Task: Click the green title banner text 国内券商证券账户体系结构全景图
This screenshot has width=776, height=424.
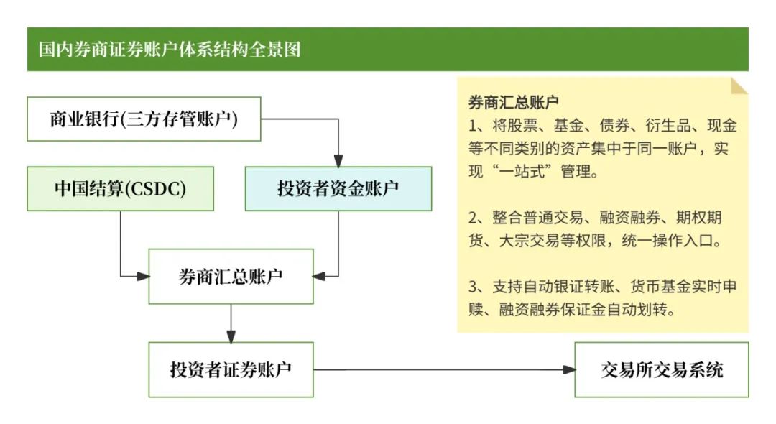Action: [x=170, y=50]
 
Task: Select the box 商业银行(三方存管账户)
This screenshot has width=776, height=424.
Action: [x=144, y=119]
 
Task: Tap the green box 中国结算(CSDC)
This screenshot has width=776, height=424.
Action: [x=120, y=189]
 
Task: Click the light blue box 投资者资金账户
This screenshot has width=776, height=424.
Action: [x=338, y=189]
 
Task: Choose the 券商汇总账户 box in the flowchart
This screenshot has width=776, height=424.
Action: [x=231, y=277]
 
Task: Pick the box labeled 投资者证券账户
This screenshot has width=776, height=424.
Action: [x=231, y=370]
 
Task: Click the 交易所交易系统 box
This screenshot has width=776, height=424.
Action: [x=662, y=370]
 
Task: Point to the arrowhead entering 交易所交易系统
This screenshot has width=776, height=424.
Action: [x=569, y=370]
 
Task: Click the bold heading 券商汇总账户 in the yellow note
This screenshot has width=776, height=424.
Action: [x=513, y=102]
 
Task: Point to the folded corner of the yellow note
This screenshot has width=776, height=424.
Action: [x=739, y=86]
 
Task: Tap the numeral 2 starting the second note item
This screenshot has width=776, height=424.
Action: [x=474, y=217]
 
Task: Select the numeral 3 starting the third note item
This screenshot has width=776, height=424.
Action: [x=474, y=286]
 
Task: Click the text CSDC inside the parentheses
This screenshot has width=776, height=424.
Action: [x=156, y=189]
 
